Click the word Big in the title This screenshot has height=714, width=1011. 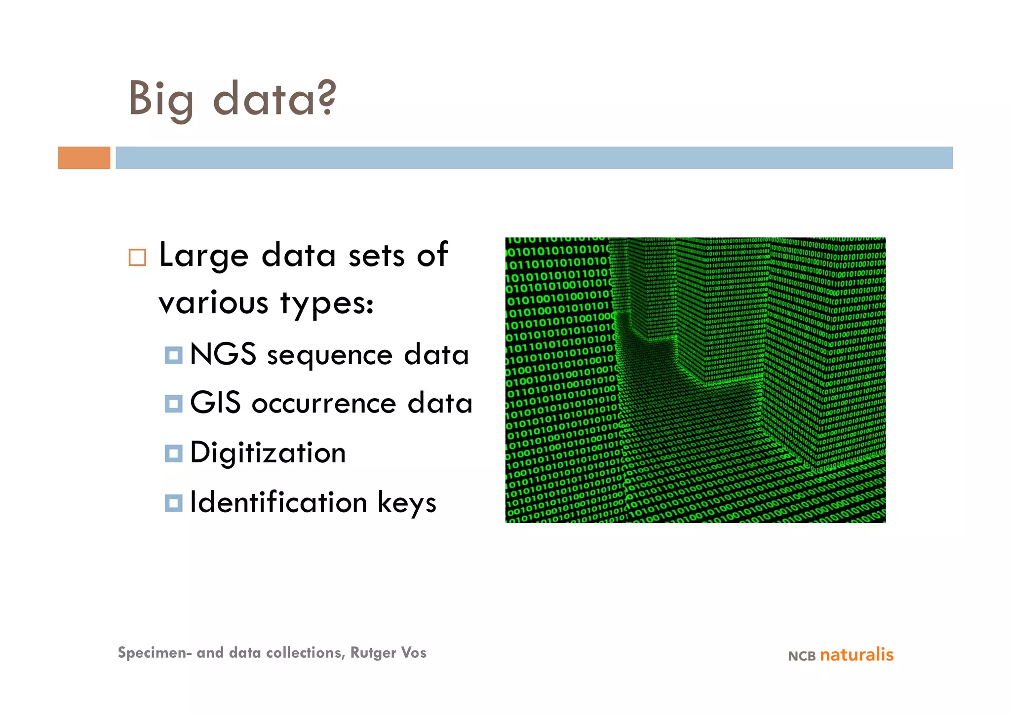(161, 100)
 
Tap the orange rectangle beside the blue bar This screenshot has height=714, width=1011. (84, 158)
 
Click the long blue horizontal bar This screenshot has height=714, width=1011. (533, 158)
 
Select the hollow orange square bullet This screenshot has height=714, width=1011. (137, 258)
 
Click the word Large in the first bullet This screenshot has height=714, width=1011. (203, 256)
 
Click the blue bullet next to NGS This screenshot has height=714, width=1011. (173, 355)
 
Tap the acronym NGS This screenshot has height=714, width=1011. (223, 354)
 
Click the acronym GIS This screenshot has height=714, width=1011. (215, 403)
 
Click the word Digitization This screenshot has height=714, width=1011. (268, 453)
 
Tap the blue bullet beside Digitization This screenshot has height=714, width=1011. (173, 453)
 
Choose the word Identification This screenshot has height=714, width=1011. (278, 502)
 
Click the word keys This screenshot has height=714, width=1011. (407, 503)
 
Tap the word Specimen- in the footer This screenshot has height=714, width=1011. (155, 653)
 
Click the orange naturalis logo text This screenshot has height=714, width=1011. (856, 655)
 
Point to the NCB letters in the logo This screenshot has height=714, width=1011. (802, 656)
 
